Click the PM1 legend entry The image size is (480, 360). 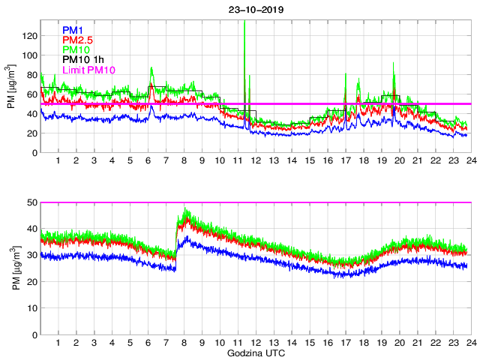73,30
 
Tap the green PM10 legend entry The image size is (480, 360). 76,49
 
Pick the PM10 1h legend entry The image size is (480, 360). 83,59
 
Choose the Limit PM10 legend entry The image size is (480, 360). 88,69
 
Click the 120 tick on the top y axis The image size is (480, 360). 30,35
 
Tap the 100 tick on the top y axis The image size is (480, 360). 30,55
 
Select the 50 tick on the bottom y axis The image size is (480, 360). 32,202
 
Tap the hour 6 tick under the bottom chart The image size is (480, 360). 148,343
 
